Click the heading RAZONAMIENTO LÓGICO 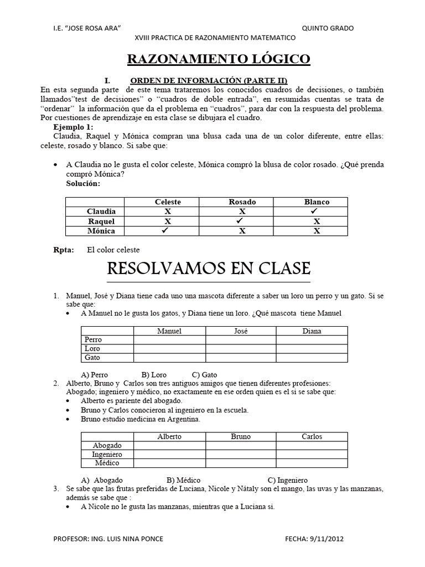tap(219, 60)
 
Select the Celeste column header tap(168, 202)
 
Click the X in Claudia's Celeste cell tap(168, 212)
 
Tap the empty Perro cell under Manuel tap(169, 339)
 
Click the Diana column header tap(312, 331)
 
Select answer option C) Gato tap(204, 375)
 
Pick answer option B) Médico tap(183, 480)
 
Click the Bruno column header tap(241, 436)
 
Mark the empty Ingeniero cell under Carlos tap(312, 454)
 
